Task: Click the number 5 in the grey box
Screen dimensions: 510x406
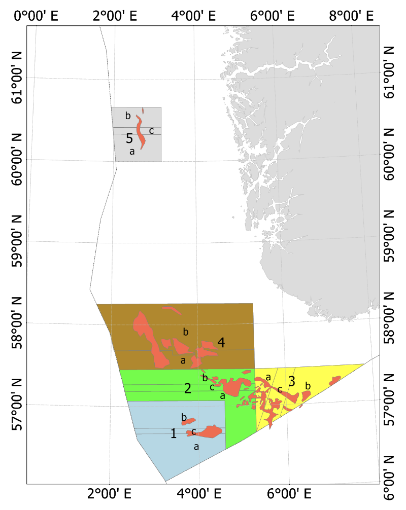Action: point(129,138)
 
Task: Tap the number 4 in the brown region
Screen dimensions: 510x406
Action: point(221,343)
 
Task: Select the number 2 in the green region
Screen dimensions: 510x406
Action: point(188,389)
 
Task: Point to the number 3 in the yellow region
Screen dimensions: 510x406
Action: point(291,381)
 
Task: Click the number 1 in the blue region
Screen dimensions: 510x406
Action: point(174,433)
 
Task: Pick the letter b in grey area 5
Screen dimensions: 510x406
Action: point(128,116)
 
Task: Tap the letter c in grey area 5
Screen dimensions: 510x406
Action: point(151,131)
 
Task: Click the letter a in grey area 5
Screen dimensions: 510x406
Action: point(131,151)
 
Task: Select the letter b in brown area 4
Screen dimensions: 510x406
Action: point(186,332)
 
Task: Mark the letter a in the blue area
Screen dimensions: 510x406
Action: point(196,447)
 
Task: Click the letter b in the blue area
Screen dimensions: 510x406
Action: point(184,417)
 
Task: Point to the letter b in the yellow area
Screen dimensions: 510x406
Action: point(308,386)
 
